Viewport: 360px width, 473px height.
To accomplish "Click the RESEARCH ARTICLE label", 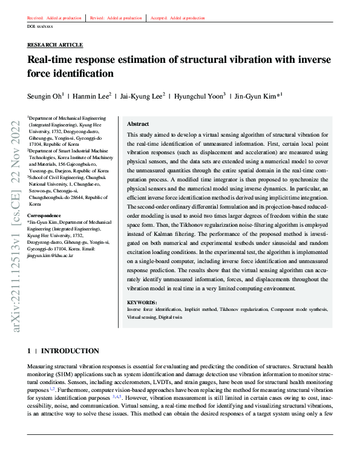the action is coord(55,45).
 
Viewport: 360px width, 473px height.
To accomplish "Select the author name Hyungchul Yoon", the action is coord(201,96).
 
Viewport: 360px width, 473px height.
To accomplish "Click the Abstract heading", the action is coord(138,123).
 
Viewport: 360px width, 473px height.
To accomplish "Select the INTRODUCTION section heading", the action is coord(70,351).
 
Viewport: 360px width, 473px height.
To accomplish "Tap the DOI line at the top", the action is coord(41,27).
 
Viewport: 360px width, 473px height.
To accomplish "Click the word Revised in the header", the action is coord(97,18).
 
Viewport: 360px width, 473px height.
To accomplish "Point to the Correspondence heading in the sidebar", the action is coord(45,215).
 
